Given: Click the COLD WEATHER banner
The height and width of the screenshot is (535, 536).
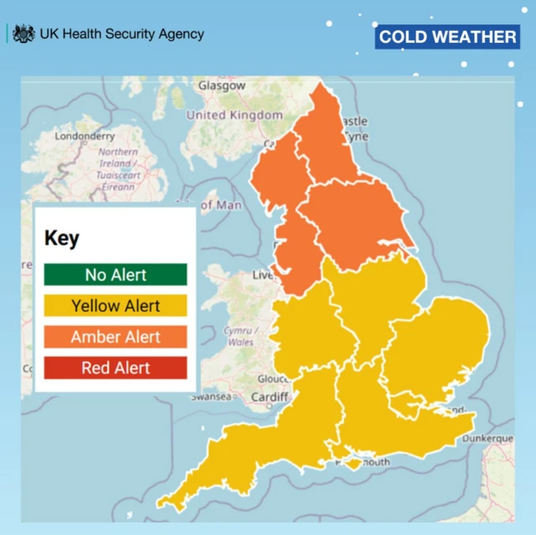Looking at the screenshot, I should click(x=447, y=37).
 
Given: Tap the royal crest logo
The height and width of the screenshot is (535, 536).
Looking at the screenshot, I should click(x=24, y=34).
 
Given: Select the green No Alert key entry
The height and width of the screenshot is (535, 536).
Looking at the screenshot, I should click(x=116, y=274).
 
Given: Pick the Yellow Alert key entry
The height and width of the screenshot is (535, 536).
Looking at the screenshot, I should click(x=116, y=305).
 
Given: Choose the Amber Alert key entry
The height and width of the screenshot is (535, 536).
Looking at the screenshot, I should click(x=116, y=336).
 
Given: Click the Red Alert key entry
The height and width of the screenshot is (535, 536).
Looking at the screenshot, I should click(x=116, y=367).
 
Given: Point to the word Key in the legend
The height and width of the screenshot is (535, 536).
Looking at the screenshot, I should click(x=62, y=238).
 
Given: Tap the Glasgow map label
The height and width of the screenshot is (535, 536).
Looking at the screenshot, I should click(x=222, y=86).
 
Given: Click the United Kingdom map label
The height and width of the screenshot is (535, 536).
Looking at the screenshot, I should click(x=234, y=115).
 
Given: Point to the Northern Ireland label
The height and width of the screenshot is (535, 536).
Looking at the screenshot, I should click(x=117, y=164).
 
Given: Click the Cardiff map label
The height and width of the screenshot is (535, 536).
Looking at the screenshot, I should click(x=271, y=397).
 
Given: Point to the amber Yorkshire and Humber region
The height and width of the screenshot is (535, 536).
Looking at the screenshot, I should click(x=352, y=218).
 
